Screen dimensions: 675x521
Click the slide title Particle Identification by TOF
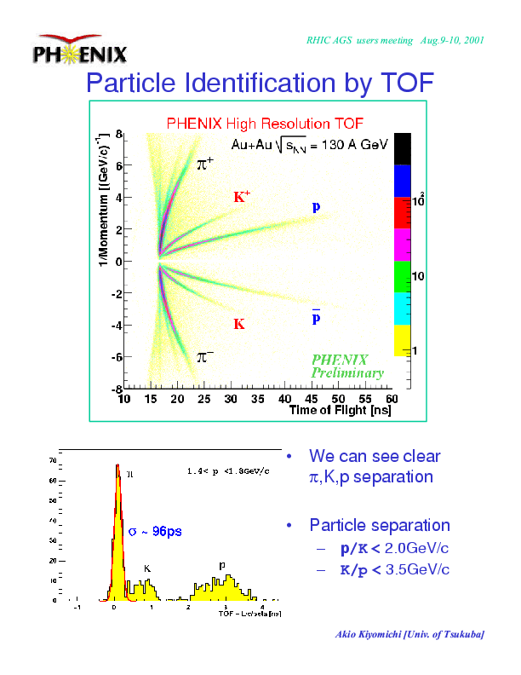pyautogui.click(x=260, y=84)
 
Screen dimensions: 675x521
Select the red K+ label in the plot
pyautogui.click(x=242, y=198)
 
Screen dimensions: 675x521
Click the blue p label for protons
pyautogui.click(x=316, y=207)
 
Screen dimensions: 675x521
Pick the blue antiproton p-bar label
pyautogui.click(x=316, y=317)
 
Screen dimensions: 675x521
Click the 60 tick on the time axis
pyautogui.click(x=391, y=399)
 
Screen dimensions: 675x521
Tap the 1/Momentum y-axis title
pyautogui.click(x=103, y=201)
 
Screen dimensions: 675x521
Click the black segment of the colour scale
pyautogui.click(x=403, y=148)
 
